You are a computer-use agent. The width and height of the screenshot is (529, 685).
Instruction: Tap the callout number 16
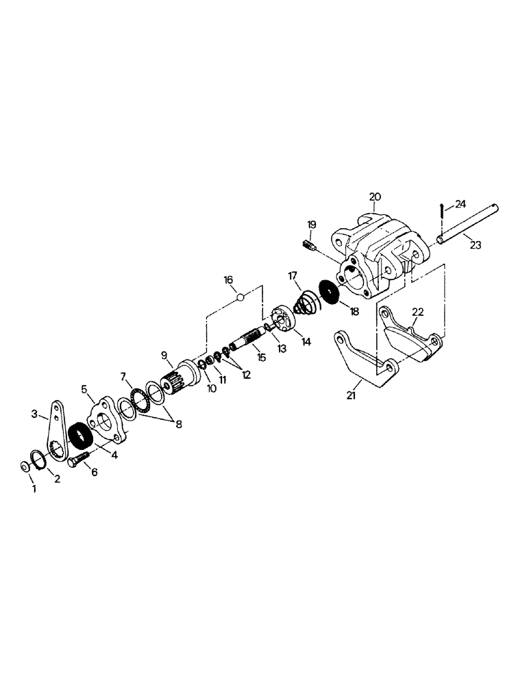point(228,279)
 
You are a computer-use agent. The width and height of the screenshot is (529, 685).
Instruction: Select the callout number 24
point(460,203)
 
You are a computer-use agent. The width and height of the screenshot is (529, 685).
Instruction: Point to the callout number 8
point(179,424)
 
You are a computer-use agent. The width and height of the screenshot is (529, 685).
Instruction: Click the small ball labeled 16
point(240,297)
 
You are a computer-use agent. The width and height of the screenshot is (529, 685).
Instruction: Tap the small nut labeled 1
point(23,466)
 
